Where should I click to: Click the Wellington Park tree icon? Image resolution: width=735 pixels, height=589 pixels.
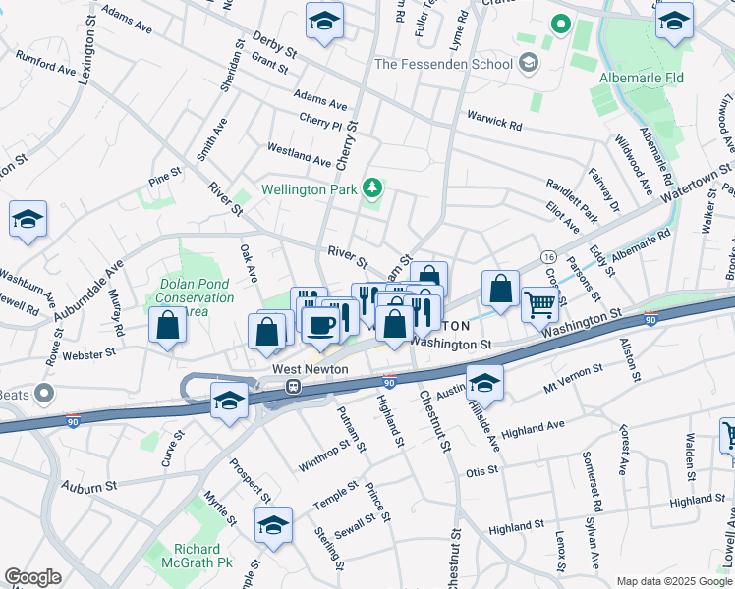click(x=372, y=187)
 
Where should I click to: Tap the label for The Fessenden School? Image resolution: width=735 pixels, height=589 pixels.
click(x=443, y=65)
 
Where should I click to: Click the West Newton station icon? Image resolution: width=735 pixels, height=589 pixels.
click(x=293, y=386)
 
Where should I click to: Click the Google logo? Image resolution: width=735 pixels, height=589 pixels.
click(x=32, y=577)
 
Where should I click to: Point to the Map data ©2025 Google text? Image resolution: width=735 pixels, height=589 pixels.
click(x=672, y=581)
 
